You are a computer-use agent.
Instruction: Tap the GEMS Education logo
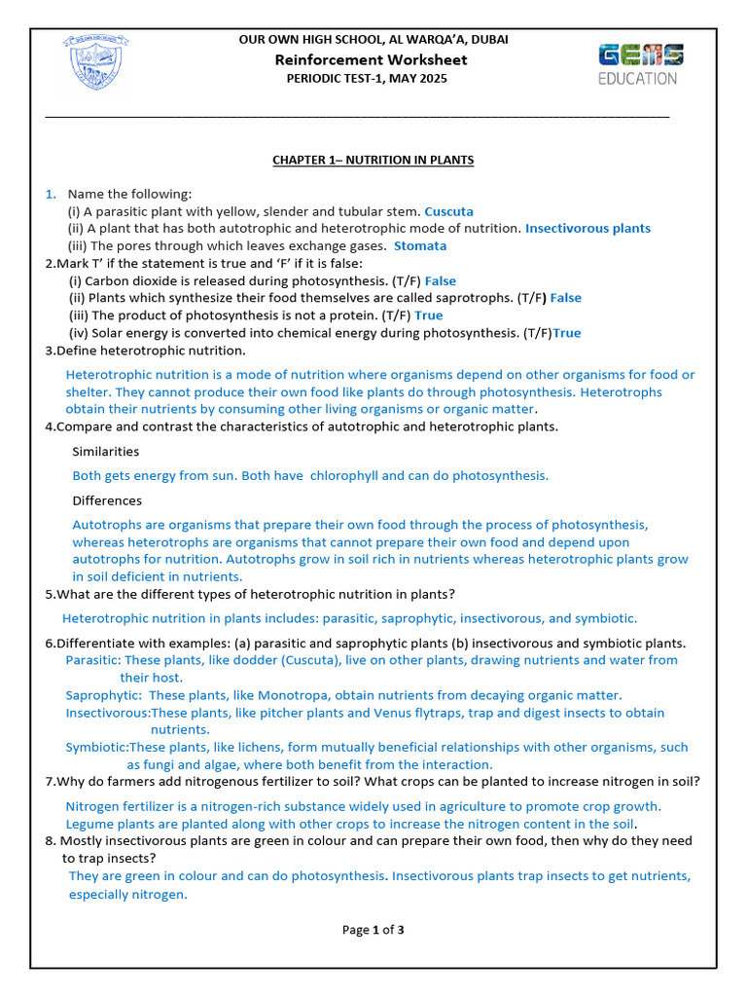[640, 64]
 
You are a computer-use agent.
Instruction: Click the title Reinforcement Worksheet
[373, 59]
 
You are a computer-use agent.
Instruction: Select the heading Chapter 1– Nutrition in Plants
[373, 160]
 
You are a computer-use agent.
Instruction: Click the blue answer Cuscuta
[448, 211]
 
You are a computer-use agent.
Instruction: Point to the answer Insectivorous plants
[587, 229]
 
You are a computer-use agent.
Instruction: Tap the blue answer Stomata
[420, 246]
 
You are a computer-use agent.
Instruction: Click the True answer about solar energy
[566, 333]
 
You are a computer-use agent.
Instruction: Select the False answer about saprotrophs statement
[566, 298]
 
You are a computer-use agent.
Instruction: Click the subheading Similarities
[105, 452]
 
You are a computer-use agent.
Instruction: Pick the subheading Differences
[107, 500]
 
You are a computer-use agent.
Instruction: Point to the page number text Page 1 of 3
[373, 930]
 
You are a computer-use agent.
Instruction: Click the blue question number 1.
[51, 194]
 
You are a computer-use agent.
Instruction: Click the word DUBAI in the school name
[487, 40]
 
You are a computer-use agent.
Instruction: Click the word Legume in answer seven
[89, 824]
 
